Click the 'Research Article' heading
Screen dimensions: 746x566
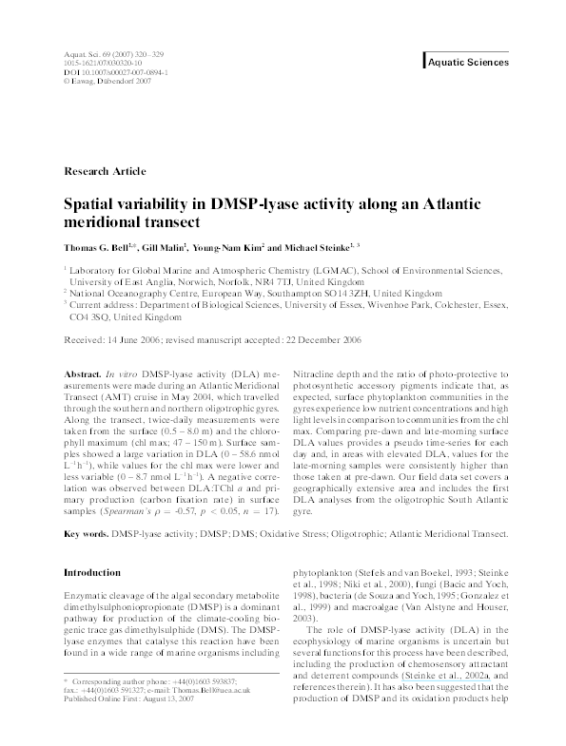(104, 171)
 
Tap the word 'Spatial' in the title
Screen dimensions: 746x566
(90, 204)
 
